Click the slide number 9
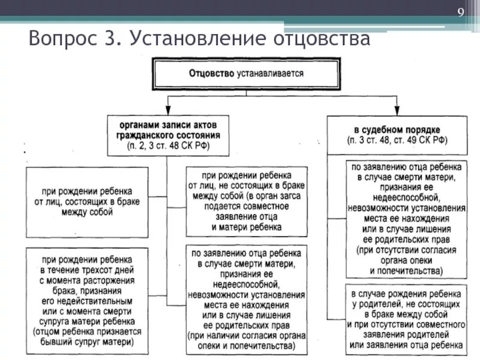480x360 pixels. pyautogui.click(x=460, y=14)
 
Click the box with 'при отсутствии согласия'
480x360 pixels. pyautogui.click(x=406, y=218)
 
